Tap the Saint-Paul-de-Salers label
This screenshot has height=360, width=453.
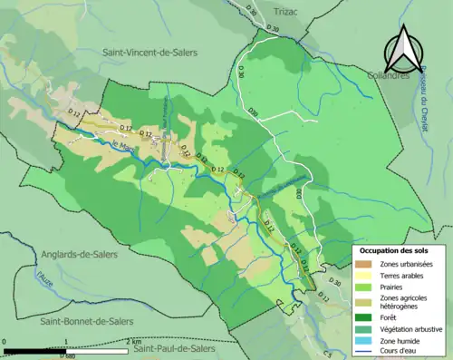(175, 348)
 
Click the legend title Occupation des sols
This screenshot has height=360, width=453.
(396, 250)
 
